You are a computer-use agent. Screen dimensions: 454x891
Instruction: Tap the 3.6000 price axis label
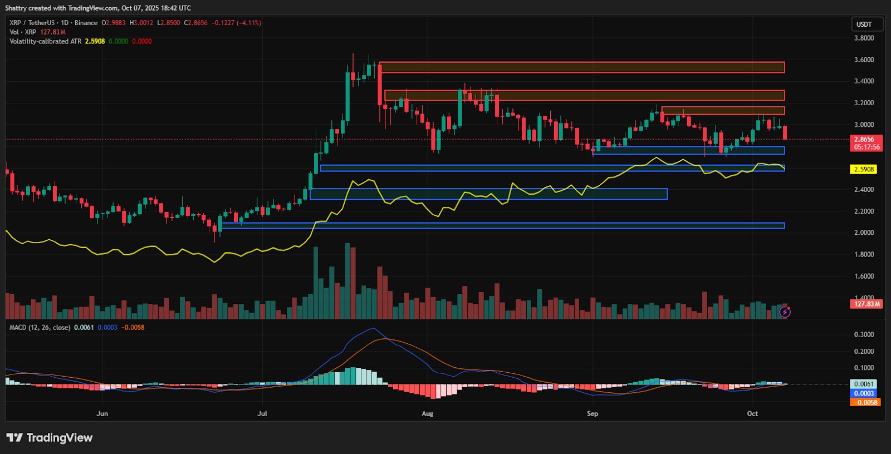pos(864,60)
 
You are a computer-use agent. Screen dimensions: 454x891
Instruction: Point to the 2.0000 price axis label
pos(864,233)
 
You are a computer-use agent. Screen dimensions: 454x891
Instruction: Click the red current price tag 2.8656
pos(866,140)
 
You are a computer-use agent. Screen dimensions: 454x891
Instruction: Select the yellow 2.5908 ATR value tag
pos(864,169)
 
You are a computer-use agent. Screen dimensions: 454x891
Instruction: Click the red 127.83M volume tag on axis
pos(866,304)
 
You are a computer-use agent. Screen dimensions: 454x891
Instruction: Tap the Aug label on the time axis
pos(427,413)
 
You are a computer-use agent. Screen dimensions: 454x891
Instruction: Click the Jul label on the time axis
pos(262,413)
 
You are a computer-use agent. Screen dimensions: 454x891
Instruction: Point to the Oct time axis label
pos(752,413)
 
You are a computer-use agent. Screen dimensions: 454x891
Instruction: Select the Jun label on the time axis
pos(102,413)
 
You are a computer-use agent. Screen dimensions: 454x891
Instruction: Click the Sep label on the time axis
pos(593,413)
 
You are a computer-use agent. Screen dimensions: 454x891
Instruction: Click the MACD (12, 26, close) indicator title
pos(40,327)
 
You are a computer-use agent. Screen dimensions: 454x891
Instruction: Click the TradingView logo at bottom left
pos(50,438)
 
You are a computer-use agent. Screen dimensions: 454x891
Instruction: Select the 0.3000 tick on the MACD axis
pos(864,334)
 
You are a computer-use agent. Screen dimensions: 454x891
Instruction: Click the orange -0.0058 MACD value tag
pos(865,402)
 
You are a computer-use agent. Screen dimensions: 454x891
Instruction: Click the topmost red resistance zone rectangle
pos(582,67)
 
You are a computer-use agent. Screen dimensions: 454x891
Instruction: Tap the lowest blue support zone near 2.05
pos(501,225)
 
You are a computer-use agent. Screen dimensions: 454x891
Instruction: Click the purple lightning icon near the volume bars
pos(785,312)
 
